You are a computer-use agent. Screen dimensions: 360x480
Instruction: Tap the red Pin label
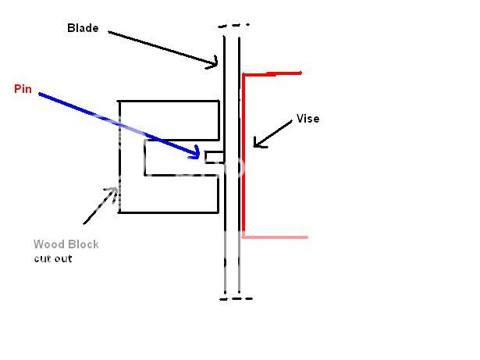pyautogui.click(x=22, y=88)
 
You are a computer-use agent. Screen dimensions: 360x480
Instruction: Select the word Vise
pyautogui.click(x=308, y=119)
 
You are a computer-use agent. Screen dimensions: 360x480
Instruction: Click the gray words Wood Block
pyautogui.click(x=66, y=244)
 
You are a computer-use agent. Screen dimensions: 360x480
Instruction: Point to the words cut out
pyautogui.click(x=52, y=258)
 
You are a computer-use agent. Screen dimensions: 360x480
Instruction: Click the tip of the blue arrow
pyautogui.click(x=200, y=156)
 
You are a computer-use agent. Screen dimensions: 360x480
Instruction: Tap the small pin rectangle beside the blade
pyautogui.click(x=215, y=157)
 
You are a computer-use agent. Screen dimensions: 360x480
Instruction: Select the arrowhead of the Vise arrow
pyautogui.click(x=255, y=144)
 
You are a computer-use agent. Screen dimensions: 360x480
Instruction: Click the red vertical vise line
pyautogui.click(x=244, y=156)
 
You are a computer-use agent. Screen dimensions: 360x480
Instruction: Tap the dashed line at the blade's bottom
pyautogui.click(x=236, y=298)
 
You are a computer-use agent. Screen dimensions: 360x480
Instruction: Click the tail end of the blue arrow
pyautogui.click(x=40, y=94)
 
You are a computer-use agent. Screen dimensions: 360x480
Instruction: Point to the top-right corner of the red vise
pyautogui.click(x=300, y=73)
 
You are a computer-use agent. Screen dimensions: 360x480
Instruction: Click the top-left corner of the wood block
pyautogui.click(x=119, y=101)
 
